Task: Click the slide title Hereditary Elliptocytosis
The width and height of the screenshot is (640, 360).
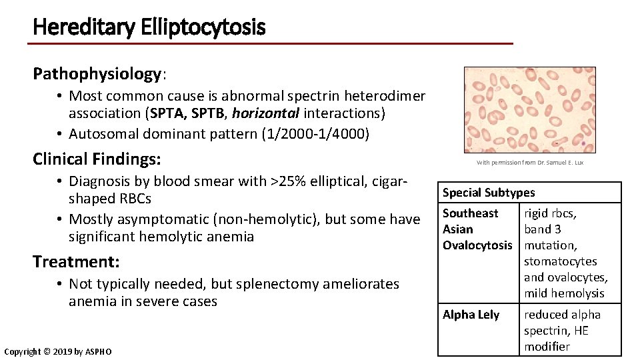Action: click(x=149, y=27)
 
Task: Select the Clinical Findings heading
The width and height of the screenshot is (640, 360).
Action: click(x=97, y=159)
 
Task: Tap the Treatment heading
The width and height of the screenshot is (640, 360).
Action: click(x=76, y=261)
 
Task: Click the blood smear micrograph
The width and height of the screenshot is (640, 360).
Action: click(x=529, y=110)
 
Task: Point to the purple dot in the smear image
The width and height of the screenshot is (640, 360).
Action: click(x=584, y=143)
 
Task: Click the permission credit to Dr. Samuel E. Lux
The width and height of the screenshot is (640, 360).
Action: click(x=530, y=163)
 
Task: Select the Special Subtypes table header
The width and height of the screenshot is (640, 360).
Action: click(x=489, y=193)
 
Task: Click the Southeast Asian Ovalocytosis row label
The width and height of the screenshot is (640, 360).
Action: click(x=477, y=229)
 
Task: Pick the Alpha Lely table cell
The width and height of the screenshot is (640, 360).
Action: click(x=471, y=315)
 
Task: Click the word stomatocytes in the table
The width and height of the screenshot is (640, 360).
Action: click(x=560, y=261)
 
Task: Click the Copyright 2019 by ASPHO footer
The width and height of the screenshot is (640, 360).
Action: click(x=58, y=351)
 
